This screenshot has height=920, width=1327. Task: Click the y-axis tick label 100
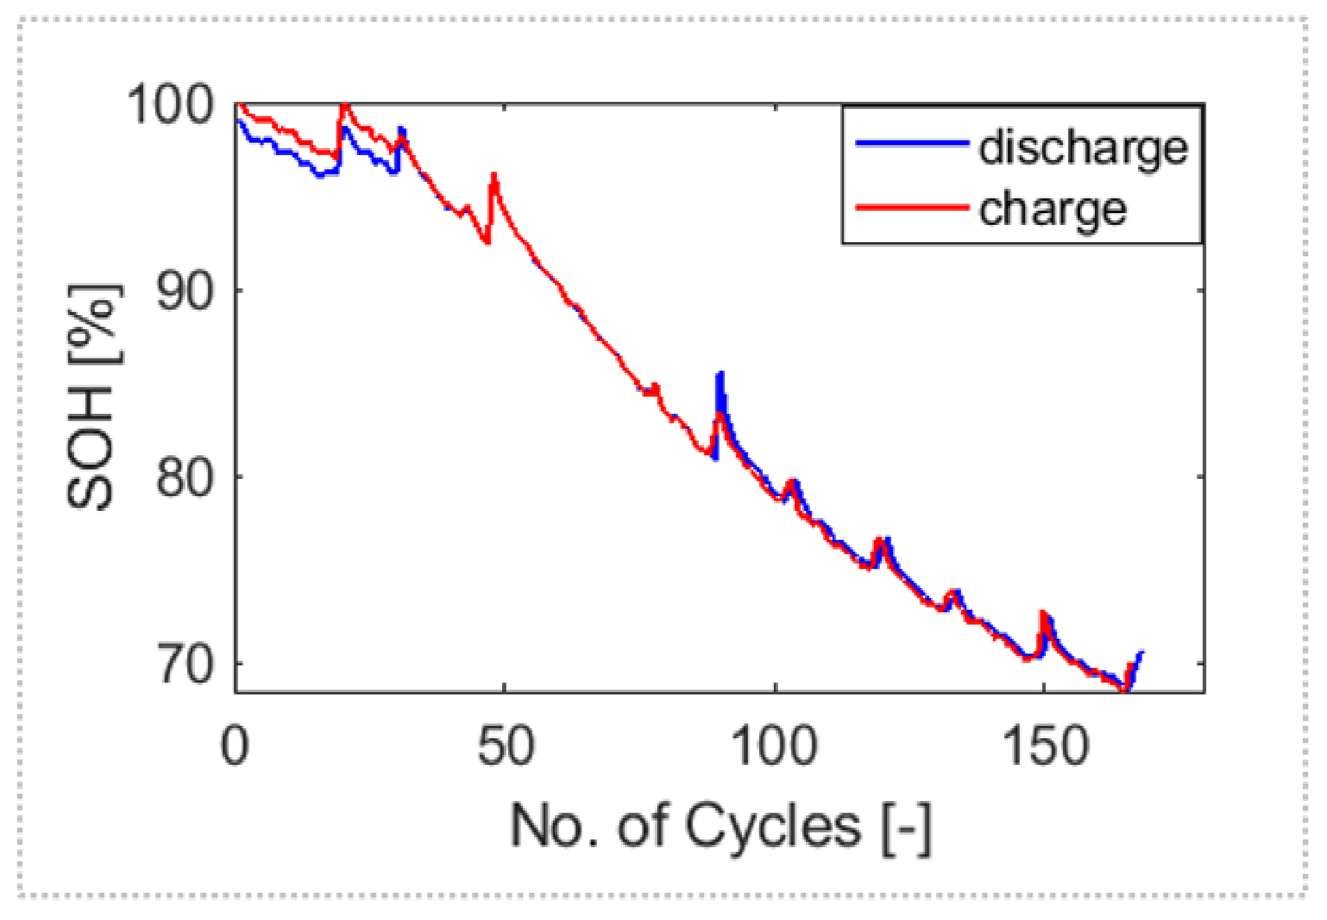click(169, 104)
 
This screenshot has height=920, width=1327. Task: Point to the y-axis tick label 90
click(184, 291)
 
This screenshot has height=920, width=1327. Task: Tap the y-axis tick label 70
click(185, 664)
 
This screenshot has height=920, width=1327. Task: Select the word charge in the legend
click(1052, 210)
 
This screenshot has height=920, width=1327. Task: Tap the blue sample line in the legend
click(912, 143)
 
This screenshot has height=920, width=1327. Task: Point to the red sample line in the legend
click(912, 207)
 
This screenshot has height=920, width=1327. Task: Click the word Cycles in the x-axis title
click(772, 826)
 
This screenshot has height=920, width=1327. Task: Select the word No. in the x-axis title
click(554, 826)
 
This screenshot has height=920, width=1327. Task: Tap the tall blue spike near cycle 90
click(720, 375)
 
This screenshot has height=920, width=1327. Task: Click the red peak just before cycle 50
click(494, 176)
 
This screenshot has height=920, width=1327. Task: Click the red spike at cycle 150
click(1042, 613)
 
